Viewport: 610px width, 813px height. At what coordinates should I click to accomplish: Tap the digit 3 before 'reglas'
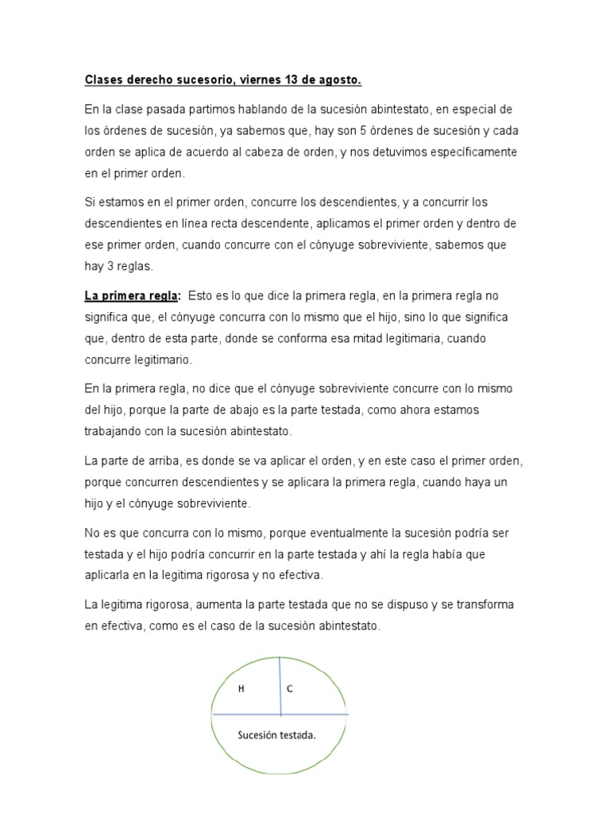point(113,266)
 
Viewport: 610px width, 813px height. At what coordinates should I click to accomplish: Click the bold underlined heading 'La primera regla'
point(131,296)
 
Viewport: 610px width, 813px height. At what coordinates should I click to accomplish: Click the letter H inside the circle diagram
point(241,689)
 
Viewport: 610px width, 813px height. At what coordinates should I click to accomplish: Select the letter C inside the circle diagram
point(290,689)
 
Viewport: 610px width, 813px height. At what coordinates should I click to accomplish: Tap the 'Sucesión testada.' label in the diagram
point(277,734)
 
